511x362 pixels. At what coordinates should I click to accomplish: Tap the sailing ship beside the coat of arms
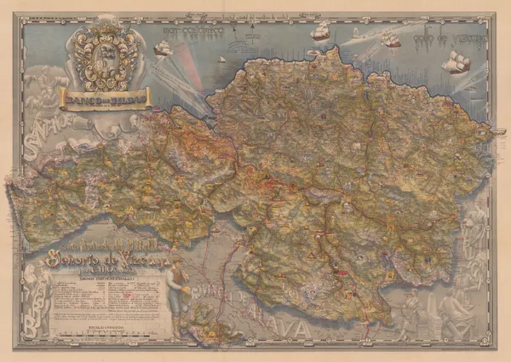pos(163,48)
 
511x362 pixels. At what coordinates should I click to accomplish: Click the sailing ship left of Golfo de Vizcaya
pos(390,38)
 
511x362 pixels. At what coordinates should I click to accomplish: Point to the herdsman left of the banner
pos(43,89)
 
